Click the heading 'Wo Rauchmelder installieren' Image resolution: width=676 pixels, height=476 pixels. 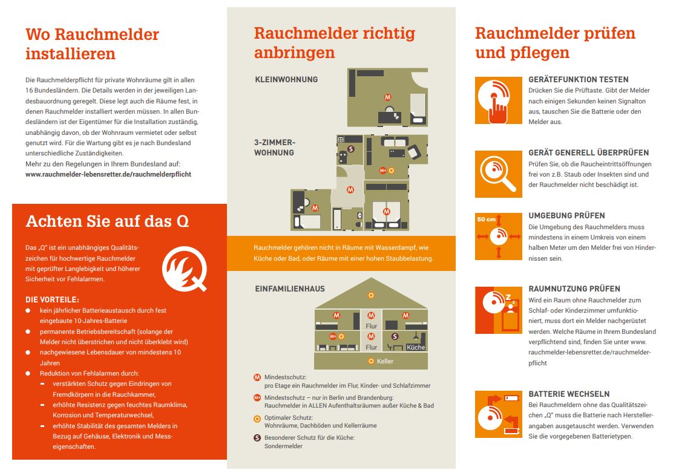92,44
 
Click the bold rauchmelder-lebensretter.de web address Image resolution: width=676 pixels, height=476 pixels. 108,174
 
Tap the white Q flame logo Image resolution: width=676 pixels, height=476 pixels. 185,269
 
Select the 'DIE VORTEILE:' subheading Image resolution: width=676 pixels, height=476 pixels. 52,300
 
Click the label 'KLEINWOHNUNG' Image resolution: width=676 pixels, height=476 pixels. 286,80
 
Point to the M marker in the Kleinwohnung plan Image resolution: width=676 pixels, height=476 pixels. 387,97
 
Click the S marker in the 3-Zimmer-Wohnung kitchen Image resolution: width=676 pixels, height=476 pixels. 350,149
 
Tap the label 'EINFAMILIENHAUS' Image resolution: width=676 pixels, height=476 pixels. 290,289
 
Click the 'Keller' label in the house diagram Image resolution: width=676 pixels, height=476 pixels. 385,362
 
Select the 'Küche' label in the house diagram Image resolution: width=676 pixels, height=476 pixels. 416,347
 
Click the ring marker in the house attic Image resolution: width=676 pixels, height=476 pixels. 371,296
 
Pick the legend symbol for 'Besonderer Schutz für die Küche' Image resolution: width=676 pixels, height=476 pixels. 257,438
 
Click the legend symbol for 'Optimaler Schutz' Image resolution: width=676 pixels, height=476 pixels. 257,419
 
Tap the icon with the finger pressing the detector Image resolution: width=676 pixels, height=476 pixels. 499,100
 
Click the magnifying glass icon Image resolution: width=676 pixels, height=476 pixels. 499,174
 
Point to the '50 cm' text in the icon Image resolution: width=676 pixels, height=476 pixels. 487,220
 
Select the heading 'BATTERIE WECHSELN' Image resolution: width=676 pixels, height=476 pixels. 569,394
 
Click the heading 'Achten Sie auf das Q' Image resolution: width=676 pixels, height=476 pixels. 107,221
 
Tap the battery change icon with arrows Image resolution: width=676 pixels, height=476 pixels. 499,414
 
